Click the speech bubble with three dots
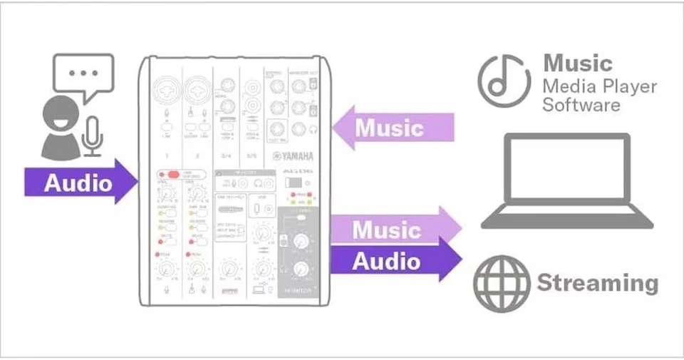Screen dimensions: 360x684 coord(83,74)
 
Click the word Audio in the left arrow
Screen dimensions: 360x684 coord(78,183)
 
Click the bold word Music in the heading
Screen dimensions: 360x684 coord(578,63)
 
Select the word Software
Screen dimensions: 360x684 coord(581,105)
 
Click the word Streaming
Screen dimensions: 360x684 coord(598,283)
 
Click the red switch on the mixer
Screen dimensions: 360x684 coord(170,175)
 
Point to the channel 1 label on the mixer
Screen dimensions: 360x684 coord(167,155)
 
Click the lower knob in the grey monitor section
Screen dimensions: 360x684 coord(299,268)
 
